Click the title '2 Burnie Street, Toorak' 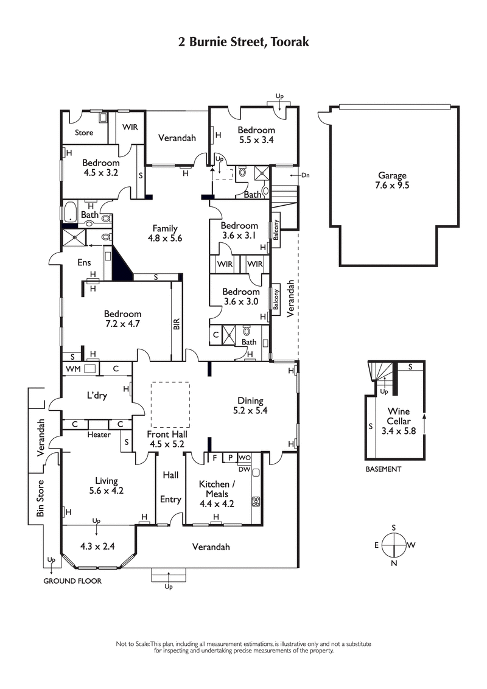click(x=243, y=42)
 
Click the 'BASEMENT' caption click(x=383, y=469)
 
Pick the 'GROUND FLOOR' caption click(x=72, y=581)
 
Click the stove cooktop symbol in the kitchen click(x=256, y=502)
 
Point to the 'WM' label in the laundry click(x=72, y=369)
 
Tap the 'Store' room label click(x=84, y=132)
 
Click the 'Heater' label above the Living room click(x=99, y=435)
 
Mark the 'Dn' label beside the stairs click(x=305, y=175)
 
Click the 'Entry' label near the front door click(x=170, y=499)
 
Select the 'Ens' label click(x=83, y=262)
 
